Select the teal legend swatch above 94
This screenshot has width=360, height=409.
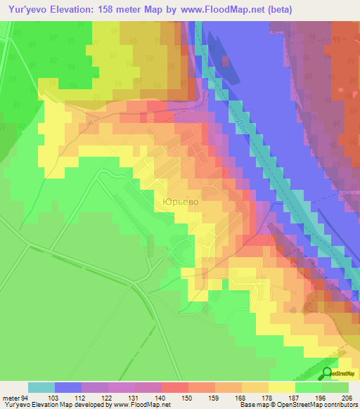[41, 387]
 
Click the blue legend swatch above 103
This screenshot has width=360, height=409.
[68, 387]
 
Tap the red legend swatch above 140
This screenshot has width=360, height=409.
[174, 387]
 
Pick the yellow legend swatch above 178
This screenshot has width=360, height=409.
[281, 387]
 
